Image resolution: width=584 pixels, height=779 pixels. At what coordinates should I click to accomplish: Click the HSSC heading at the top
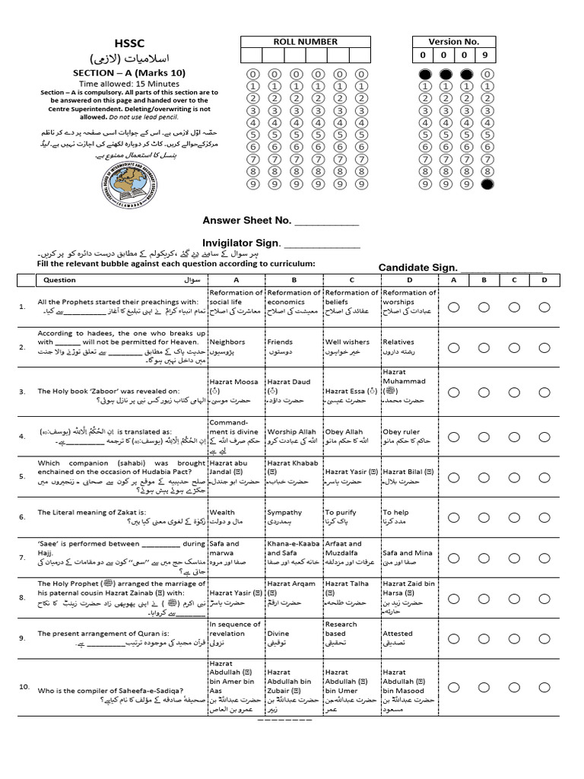(129, 45)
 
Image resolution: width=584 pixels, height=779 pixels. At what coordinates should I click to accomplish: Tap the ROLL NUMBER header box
(305, 42)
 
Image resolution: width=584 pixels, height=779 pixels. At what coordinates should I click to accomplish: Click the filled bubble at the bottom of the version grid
(486, 184)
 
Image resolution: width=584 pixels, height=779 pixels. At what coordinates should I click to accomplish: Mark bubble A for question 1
(454, 307)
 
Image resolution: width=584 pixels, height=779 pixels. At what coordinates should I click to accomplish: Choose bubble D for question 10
(544, 687)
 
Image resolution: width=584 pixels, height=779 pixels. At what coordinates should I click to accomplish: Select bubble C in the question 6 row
(514, 517)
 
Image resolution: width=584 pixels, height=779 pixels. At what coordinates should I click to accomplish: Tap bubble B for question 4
(484, 437)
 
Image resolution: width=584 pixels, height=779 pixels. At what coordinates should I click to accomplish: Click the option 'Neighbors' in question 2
(227, 342)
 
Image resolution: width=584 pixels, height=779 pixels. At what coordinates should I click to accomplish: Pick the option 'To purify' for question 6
(341, 513)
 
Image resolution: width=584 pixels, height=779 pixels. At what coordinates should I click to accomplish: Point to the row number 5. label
(23, 477)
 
